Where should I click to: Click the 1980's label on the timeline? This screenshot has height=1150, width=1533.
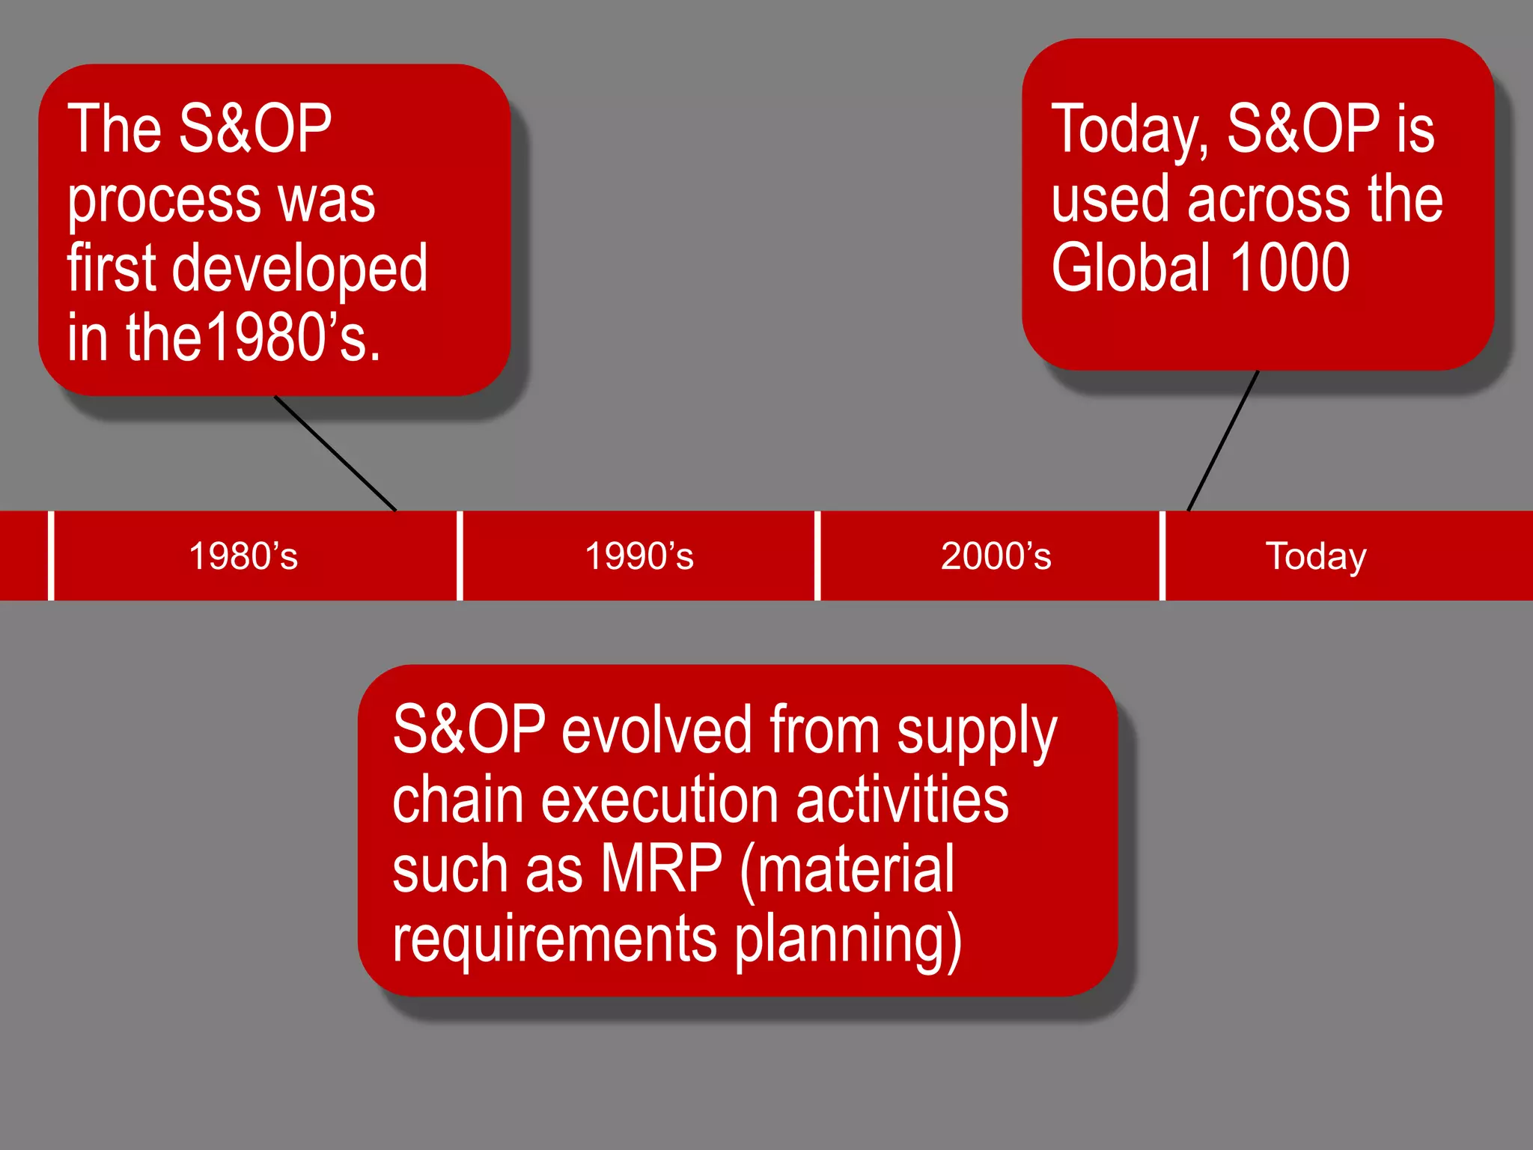(243, 556)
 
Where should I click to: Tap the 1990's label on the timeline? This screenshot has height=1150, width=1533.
(639, 556)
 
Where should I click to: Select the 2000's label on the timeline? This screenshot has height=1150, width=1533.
(996, 556)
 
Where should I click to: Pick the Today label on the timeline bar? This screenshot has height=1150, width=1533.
(1315, 556)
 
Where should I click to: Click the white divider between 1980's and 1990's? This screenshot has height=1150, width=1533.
(460, 556)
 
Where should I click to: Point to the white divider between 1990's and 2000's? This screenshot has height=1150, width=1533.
(817, 556)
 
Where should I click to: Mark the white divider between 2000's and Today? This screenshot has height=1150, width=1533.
(1162, 556)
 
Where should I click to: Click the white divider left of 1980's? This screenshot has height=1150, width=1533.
(51, 556)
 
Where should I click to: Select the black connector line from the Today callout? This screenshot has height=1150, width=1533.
(1223, 441)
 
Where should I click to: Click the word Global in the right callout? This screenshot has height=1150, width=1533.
(1130, 268)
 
